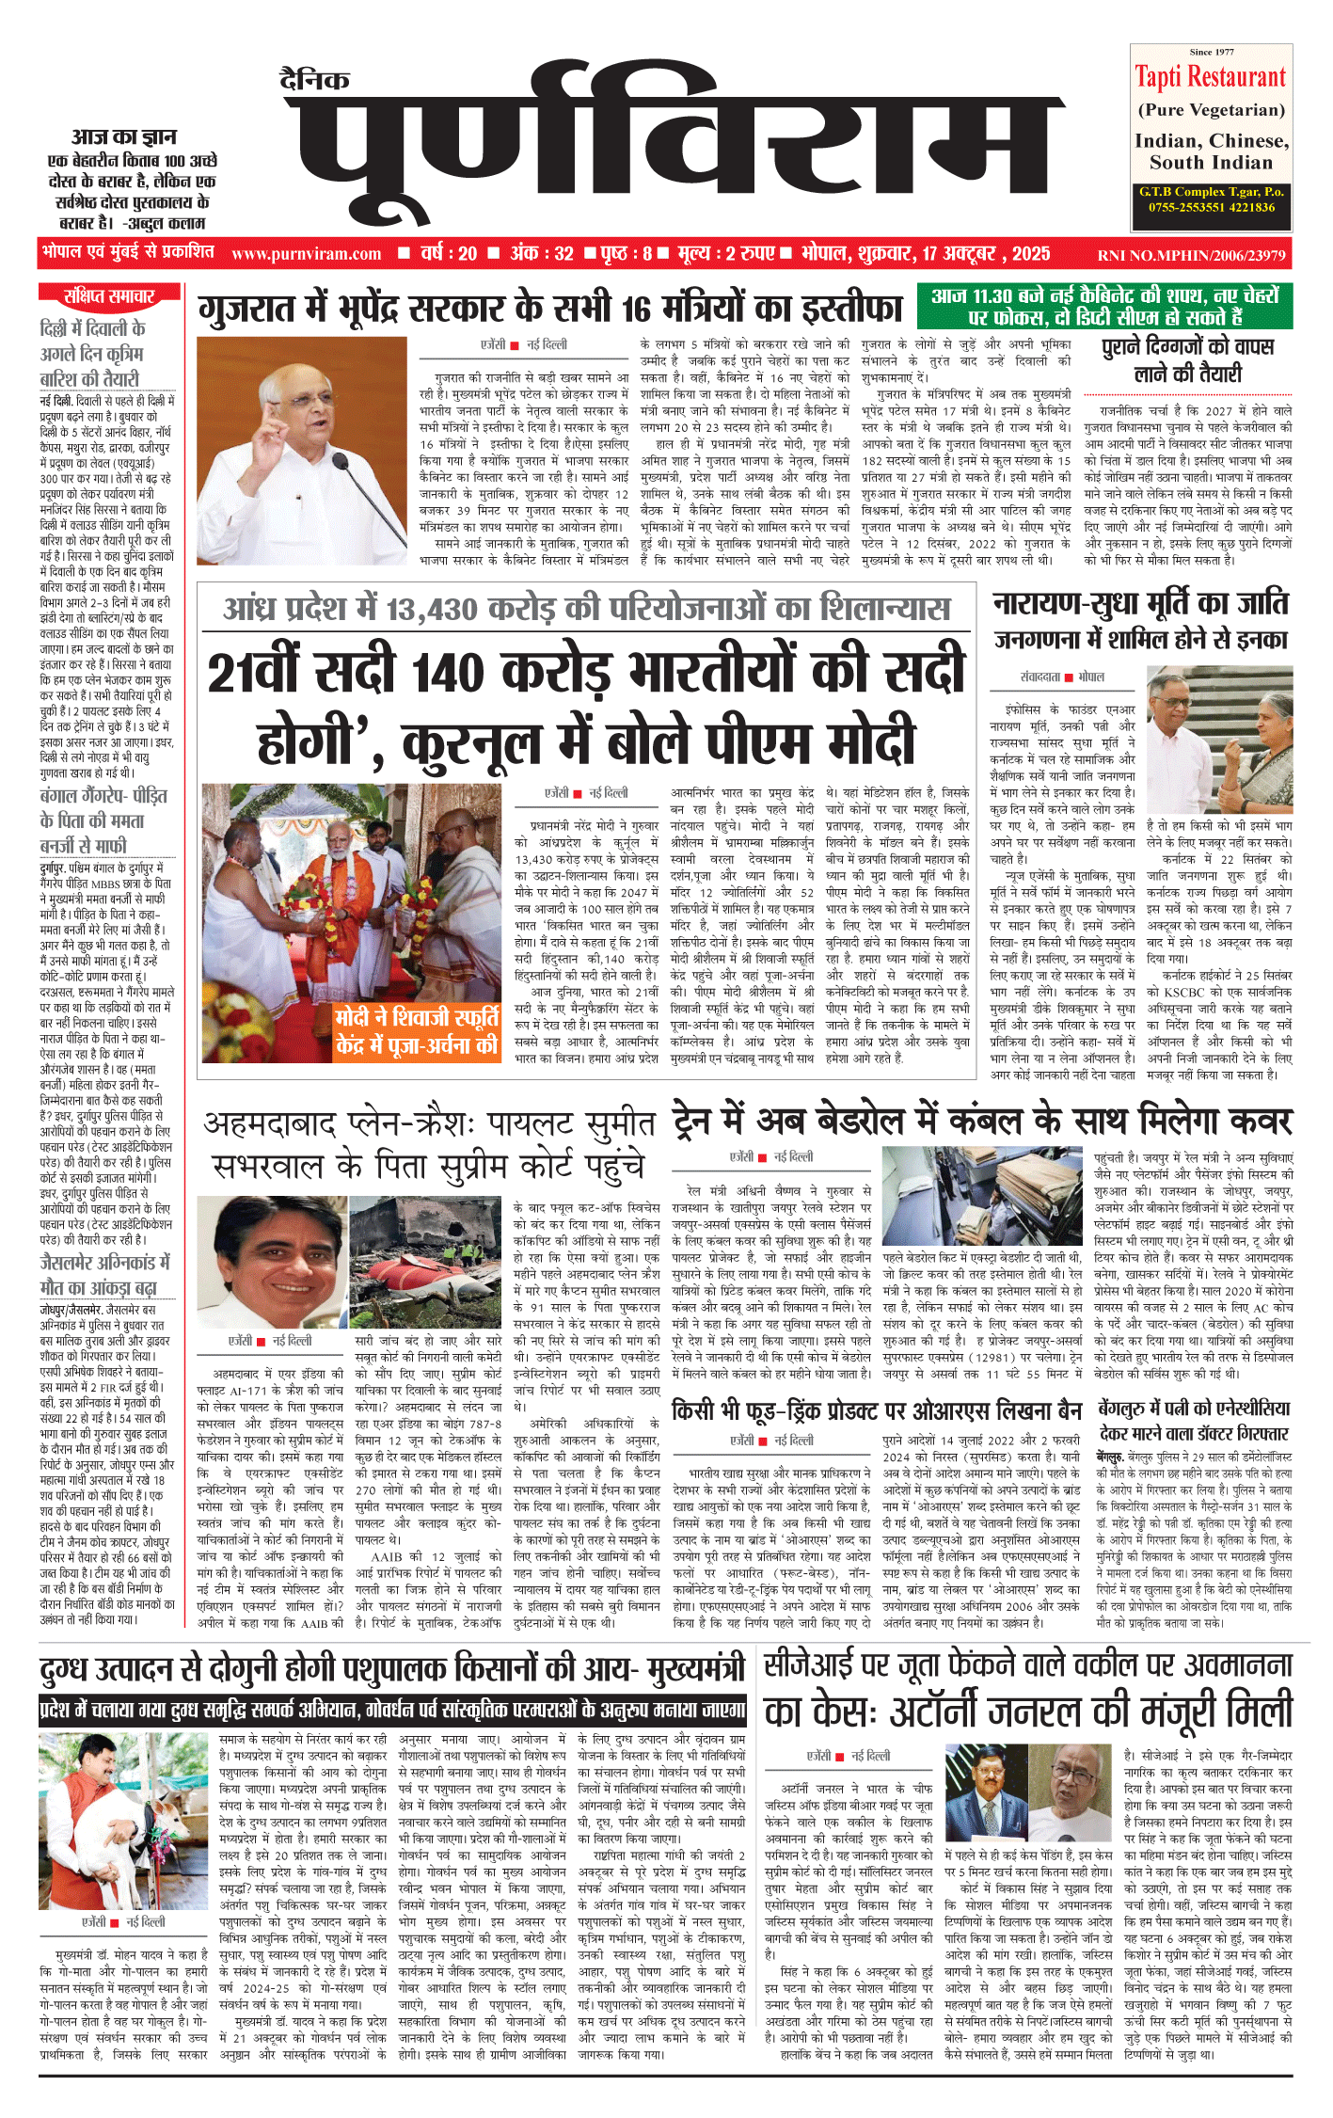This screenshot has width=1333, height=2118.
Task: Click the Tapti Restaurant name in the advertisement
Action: coord(1210,76)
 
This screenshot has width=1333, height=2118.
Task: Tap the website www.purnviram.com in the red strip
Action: coord(306,254)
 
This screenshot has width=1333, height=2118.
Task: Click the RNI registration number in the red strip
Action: coord(1191,255)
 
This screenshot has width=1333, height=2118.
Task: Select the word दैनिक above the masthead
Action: coord(314,81)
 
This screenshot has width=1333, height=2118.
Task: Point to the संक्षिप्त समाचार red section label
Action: coord(109,296)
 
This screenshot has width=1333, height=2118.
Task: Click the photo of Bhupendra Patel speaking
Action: coord(301,451)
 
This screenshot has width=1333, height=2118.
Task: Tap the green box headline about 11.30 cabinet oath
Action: coord(1104,306)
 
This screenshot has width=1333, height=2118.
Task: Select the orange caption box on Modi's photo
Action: coord(418,1032)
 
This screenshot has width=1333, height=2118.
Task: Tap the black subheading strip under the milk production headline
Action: coord(393,1709)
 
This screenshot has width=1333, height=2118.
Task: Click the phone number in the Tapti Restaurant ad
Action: coord(1212,207)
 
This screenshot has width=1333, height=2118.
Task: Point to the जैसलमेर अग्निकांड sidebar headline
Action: coord(104,1274)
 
